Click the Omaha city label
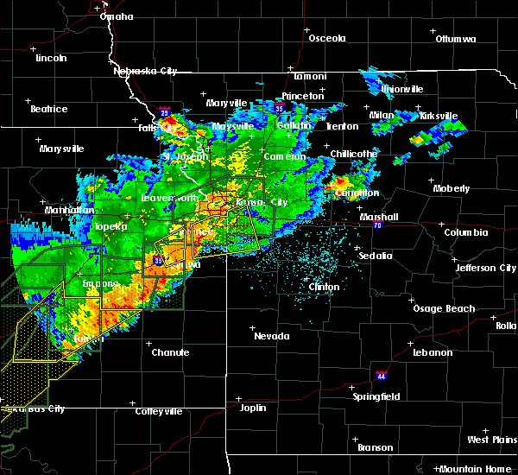click(x=117, y=16)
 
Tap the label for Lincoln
click(x=51, y=58)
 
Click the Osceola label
click(x=326, y=38)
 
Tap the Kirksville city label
click(x=437, y=116)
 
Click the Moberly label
click(x=452, y=188)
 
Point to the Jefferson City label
click(x=486, y=268)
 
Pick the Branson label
click(x=375, y=447)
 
